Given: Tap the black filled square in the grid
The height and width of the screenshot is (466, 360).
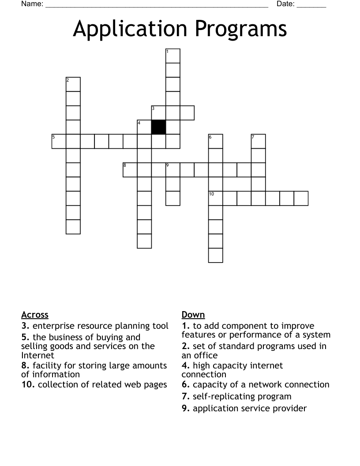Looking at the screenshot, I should point(159,127).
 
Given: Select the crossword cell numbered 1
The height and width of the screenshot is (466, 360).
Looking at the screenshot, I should point(173,56).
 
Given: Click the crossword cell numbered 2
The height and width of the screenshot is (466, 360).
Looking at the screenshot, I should point(73,84).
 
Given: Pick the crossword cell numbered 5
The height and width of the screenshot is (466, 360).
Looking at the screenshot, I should point(59,141).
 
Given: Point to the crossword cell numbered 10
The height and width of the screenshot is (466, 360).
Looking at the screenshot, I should point(216,198).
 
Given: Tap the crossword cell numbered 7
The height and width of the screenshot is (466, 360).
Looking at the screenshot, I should point(259,141).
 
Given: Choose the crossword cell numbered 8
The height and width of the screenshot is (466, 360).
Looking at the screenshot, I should point(130,170).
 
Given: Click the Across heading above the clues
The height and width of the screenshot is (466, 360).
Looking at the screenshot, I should point(35,315).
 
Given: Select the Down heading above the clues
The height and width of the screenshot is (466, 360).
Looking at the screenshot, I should point(193,315).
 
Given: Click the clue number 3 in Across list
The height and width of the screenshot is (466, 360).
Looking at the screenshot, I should point(25,326).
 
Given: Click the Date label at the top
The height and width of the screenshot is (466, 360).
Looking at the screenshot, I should point(285,4).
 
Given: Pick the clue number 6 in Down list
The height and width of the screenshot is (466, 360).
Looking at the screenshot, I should point(186,385).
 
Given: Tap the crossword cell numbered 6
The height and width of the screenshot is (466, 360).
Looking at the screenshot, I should point(216,141).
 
